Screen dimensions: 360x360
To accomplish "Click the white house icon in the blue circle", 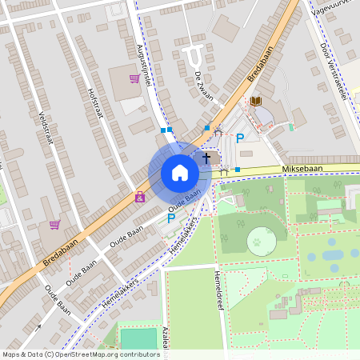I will (180, 173).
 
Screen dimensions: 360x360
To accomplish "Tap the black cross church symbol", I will (206, 158).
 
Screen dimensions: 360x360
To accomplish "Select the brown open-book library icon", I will (255, 101).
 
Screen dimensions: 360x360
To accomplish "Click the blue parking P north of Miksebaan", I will (239, 138).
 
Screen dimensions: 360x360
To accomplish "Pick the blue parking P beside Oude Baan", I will (170, 217).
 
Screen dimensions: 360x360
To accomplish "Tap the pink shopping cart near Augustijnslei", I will (134, 78).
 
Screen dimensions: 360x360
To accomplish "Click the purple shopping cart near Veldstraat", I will (54, 224).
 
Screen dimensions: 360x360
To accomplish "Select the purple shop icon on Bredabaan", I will (140, 196).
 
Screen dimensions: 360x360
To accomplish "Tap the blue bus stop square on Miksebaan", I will (237, 170).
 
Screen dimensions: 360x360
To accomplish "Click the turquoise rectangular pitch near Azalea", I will (138, 338).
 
